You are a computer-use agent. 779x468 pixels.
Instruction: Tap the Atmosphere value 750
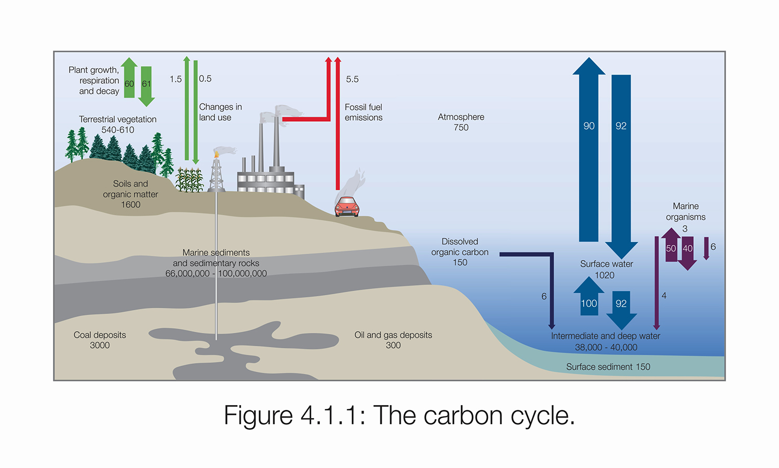[461, 128]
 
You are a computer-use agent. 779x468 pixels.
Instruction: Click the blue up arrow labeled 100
[589, 297]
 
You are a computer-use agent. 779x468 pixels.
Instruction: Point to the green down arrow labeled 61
[146, 85]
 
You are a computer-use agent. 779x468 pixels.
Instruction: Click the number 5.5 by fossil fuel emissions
[352, 80]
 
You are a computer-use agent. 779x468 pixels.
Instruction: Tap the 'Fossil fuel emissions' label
[364, 112]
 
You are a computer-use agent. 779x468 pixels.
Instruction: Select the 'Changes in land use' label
[220, 112]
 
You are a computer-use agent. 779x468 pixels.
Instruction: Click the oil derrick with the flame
[217, 172]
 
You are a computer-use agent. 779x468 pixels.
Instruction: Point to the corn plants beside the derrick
[189, 180]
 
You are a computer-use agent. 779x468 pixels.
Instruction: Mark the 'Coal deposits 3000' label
[100, 340]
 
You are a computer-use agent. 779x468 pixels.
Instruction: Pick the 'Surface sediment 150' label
[608, 367]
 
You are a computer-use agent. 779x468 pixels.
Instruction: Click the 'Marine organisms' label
[686, 212]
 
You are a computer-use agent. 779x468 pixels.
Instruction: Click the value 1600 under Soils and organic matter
[131, 205]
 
